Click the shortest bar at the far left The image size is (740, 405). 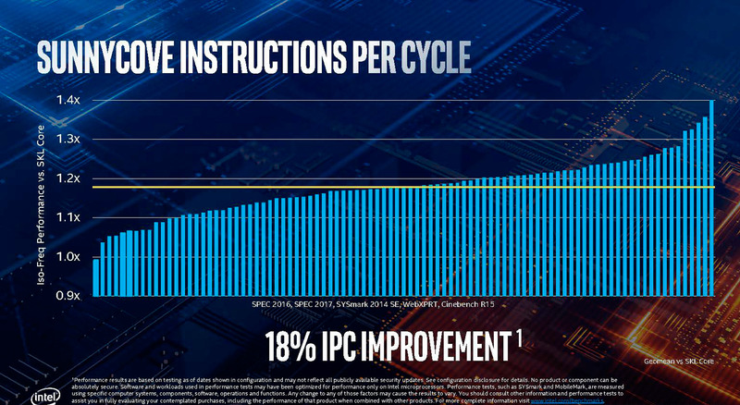click(96, 276)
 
